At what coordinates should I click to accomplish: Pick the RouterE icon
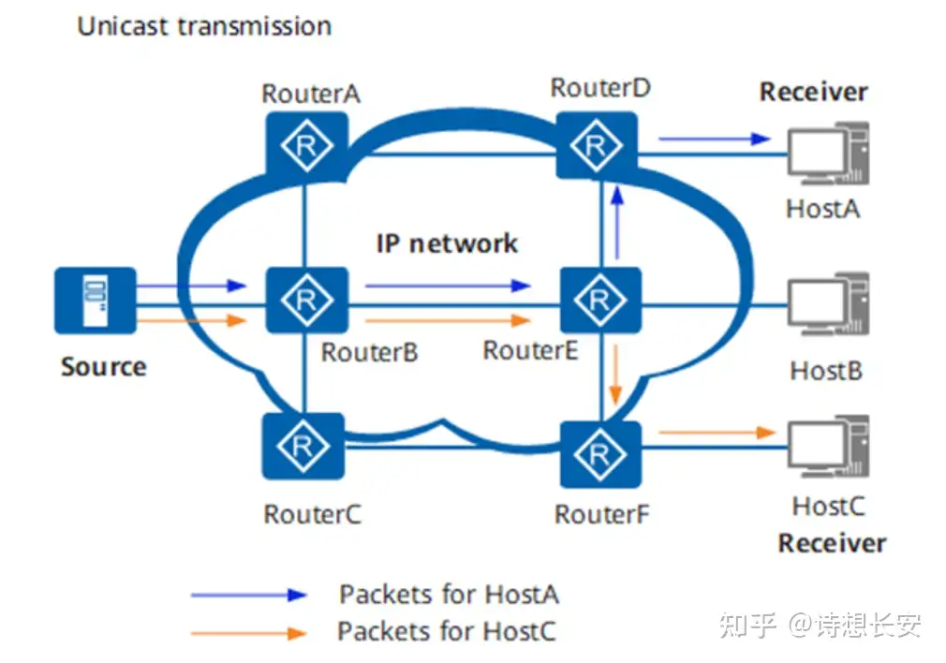599,300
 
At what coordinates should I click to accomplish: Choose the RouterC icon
303,448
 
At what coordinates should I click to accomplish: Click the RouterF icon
600,453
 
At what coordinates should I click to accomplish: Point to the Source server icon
95,300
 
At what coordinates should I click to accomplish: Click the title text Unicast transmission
204,26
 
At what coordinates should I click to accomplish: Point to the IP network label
447,244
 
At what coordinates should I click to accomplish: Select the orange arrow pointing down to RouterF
615,374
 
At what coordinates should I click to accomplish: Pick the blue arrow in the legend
248,595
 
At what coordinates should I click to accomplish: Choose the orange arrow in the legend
248,633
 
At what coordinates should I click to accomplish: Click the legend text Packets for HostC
447,631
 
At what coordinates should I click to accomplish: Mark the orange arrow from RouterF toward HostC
717,433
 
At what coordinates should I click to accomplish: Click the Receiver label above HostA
813,93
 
